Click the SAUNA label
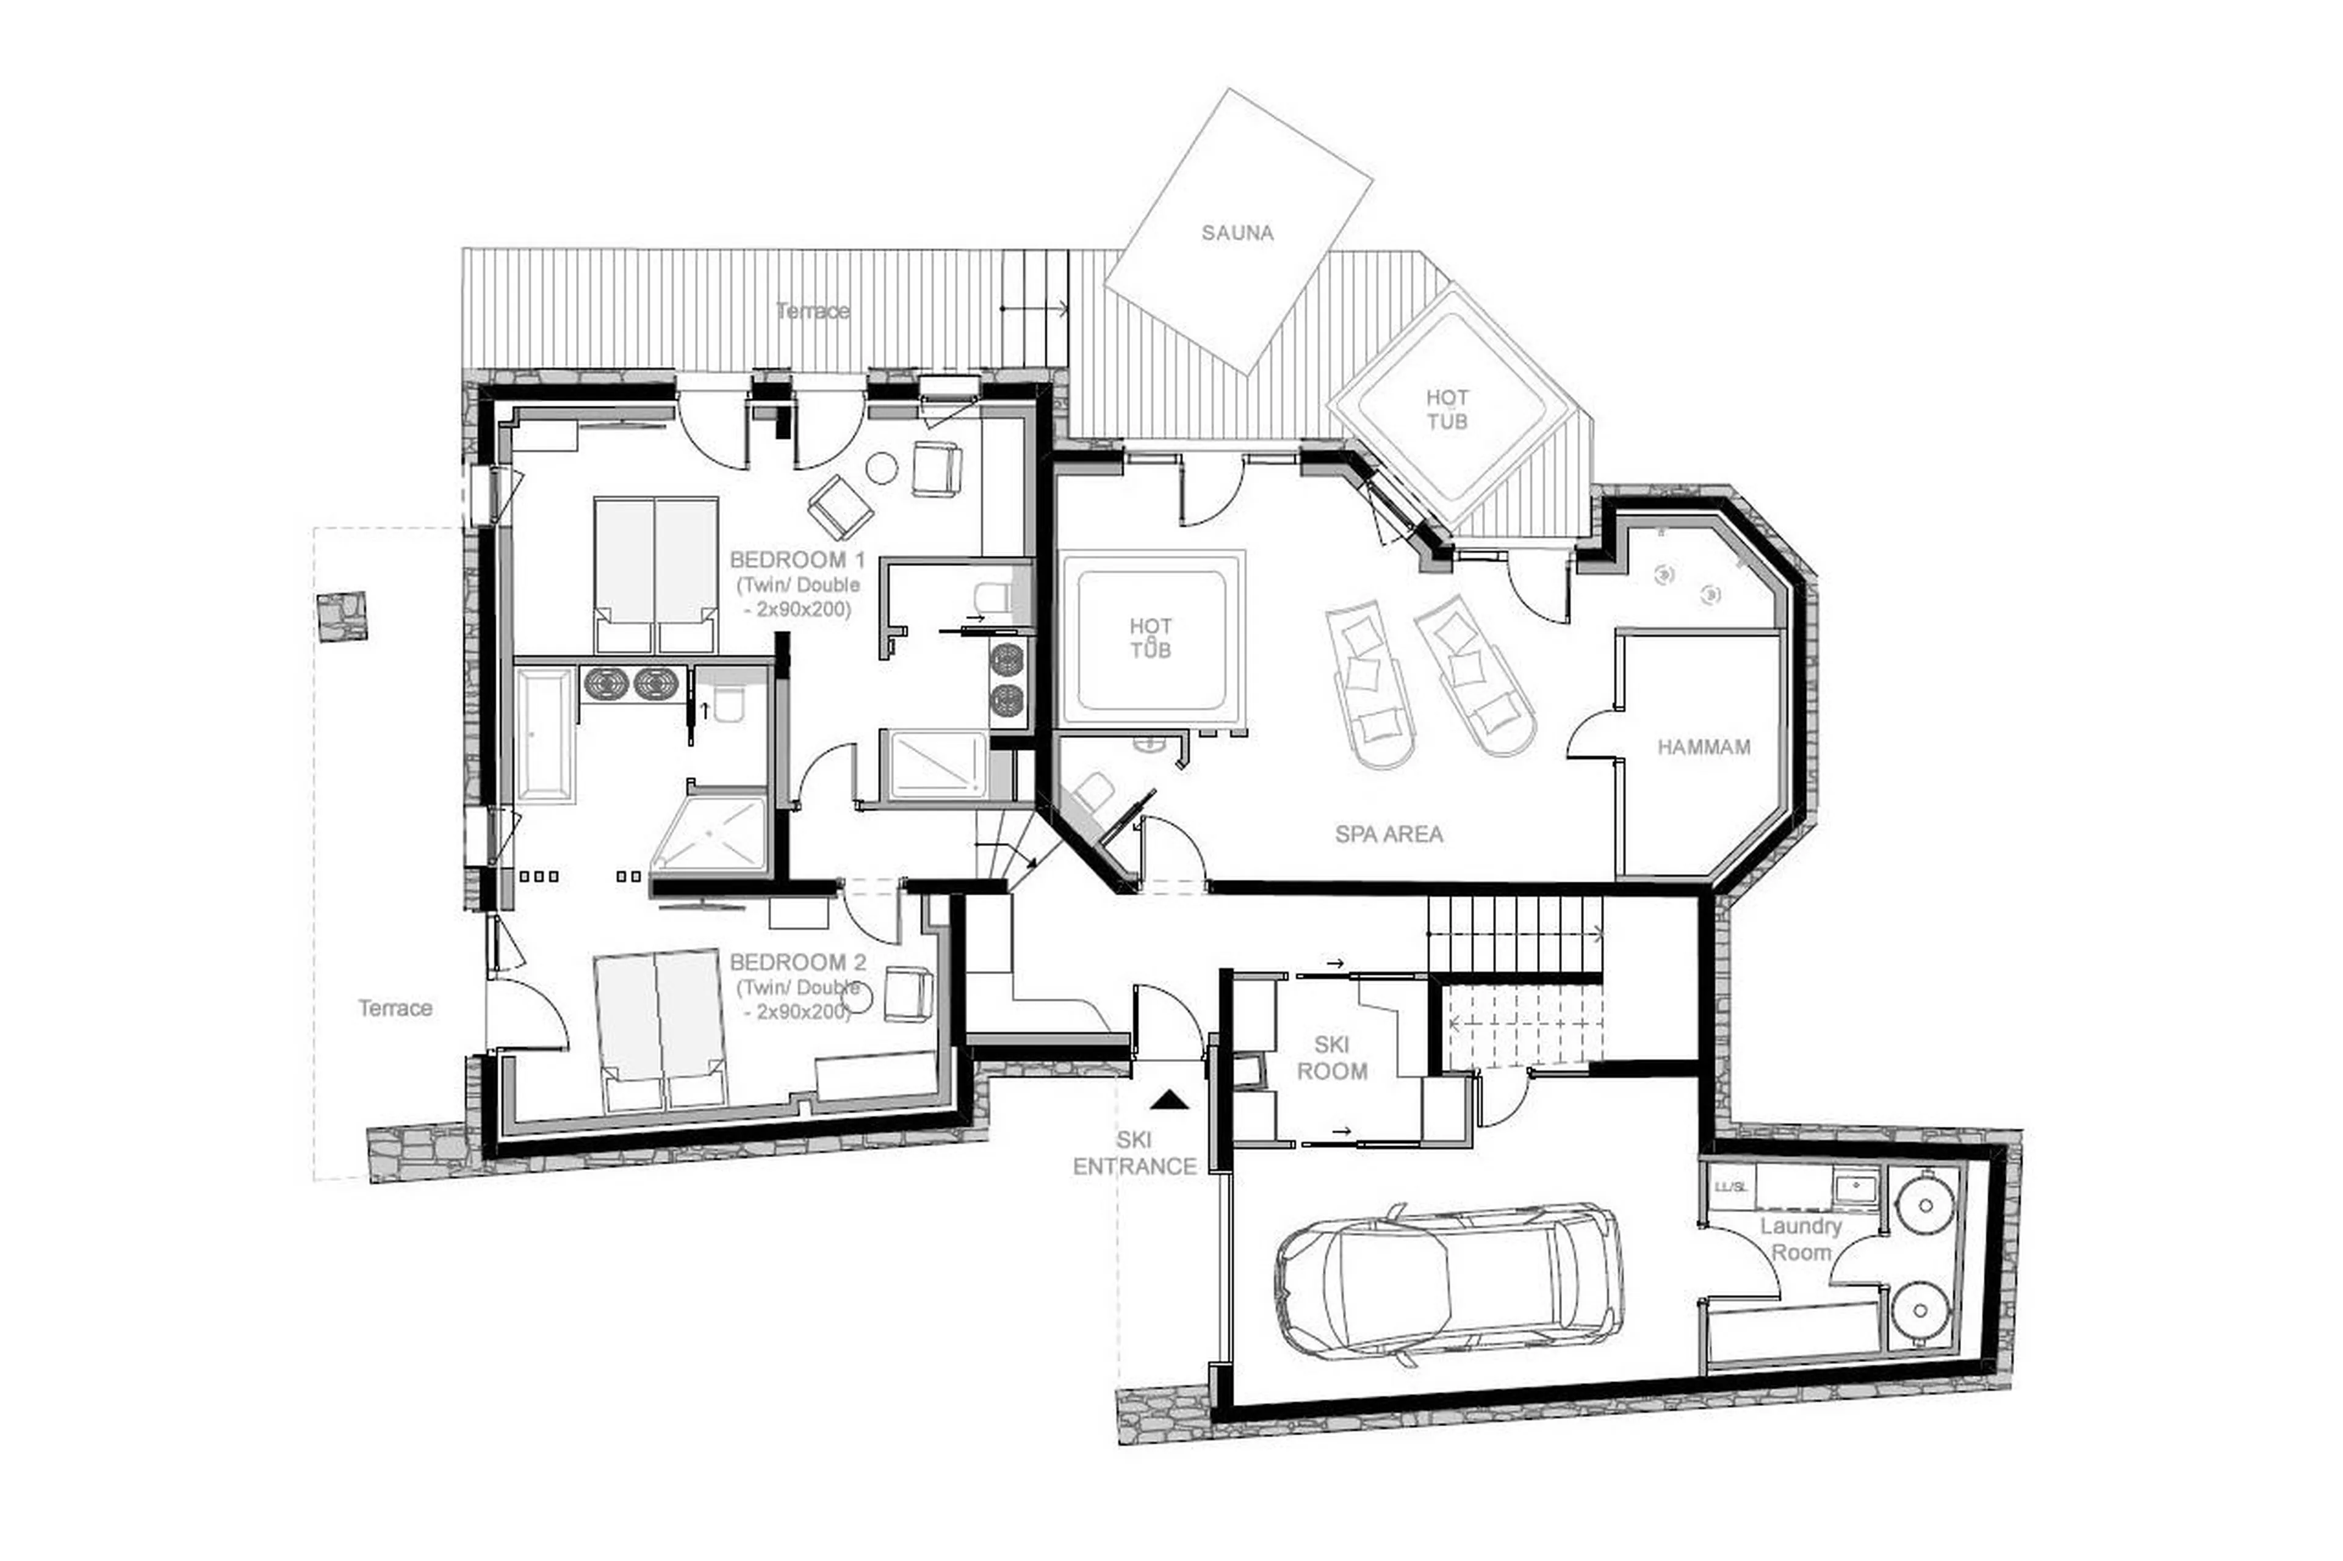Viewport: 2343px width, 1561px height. click(1237, 233)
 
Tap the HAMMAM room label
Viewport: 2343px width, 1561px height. click(1703, 747)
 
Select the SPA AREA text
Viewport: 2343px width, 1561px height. click(1388, 834)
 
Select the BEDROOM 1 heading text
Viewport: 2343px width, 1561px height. click(797, 559)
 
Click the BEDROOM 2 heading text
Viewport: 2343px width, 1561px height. click(797, 963)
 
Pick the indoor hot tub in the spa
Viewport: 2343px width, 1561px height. click(1151, 638)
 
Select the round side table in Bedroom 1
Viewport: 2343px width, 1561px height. click(881, 468)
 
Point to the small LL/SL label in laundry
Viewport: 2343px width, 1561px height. click(1730, 1186)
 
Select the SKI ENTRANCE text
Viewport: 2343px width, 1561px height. click(1134, 1153)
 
